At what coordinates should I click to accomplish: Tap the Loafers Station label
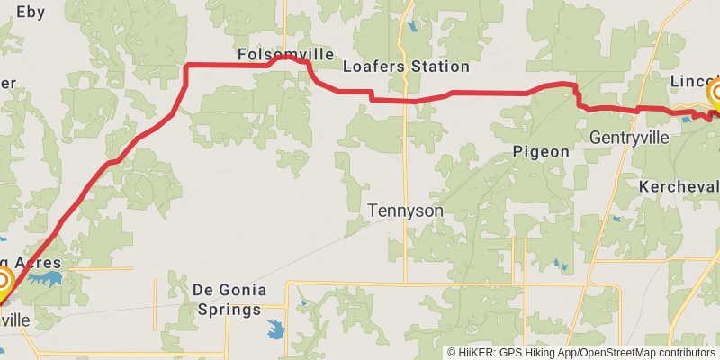tap(406, 67)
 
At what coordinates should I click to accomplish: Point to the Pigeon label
tap(541, 152)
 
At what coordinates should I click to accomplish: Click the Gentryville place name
tap(629, 138)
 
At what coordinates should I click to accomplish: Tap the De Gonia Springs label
tap(227, 300)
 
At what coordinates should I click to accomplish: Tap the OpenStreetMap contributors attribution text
tap(645, 353)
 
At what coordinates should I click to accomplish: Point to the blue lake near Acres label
tap(45, 278)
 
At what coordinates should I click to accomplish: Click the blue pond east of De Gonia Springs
tap(275, 330)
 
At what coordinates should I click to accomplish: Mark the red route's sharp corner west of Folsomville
tap(185, 66)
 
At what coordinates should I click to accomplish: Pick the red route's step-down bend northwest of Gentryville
tap(577, 97)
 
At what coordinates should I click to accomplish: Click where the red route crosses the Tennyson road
tap(406, 101)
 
